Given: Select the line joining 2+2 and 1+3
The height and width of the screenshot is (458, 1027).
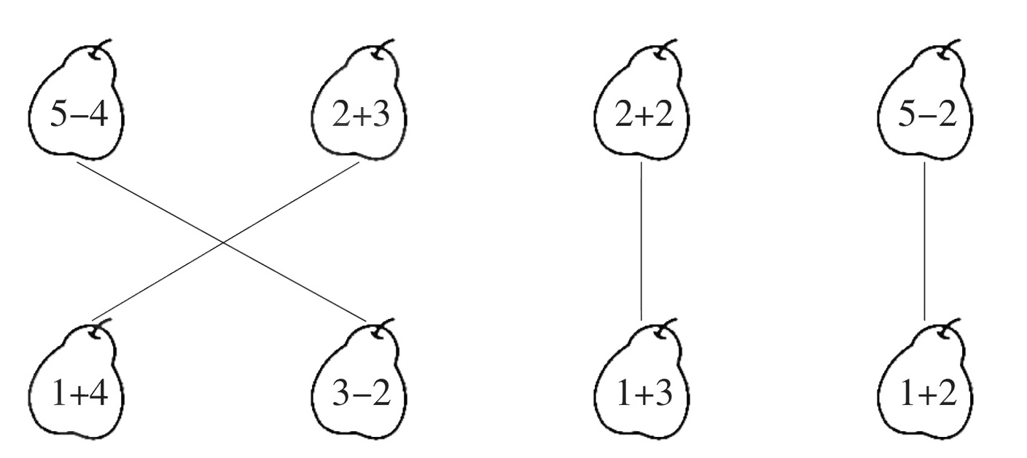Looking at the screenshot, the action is pyautogui.click(x=641, y=240).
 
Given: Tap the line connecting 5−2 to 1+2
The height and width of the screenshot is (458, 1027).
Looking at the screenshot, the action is pyautogui.click(x=924, y=240).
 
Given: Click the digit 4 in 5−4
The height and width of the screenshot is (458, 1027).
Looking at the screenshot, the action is pyautogui.click(x=98, y=116).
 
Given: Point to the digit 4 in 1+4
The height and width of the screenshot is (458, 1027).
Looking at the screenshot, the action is pyautogui.click(x=98, y=395).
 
